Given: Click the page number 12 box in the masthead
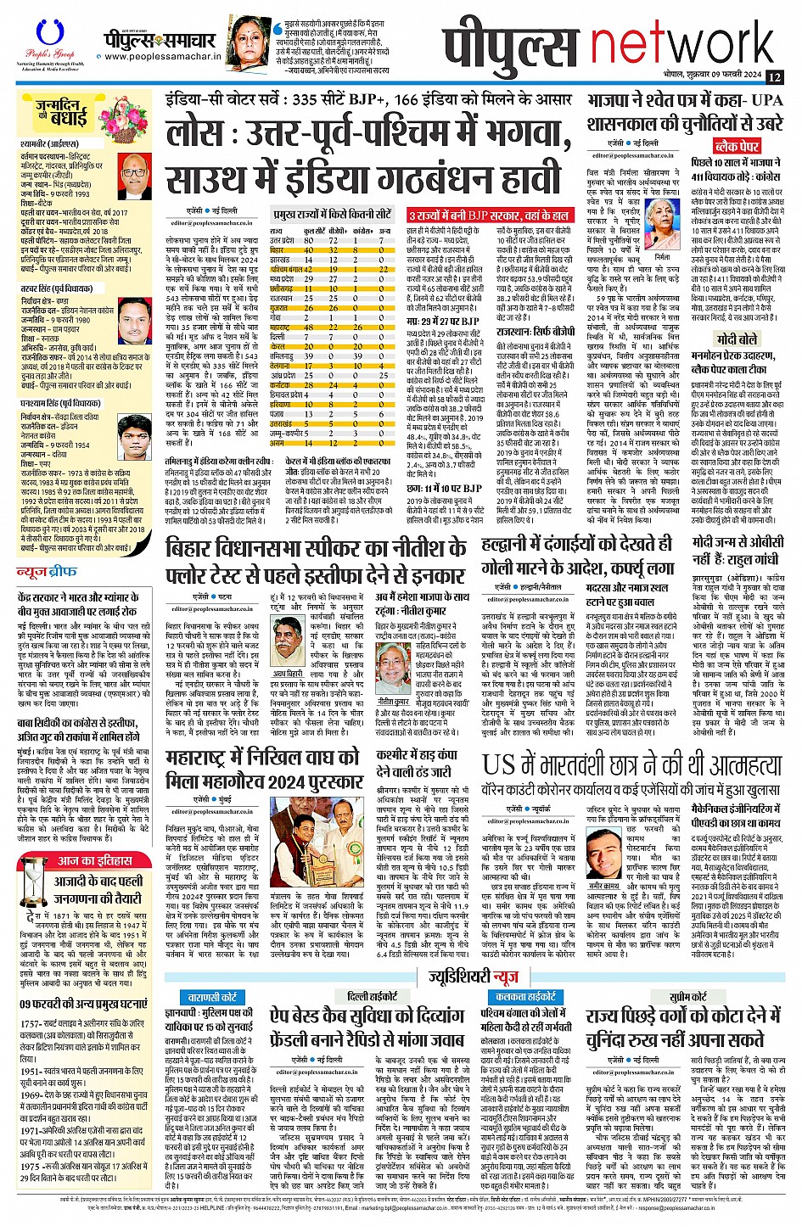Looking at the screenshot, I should point(773,76).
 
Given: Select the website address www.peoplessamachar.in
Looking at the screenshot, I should point(160,58).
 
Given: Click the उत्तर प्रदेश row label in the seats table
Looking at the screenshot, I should point(283,240).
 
